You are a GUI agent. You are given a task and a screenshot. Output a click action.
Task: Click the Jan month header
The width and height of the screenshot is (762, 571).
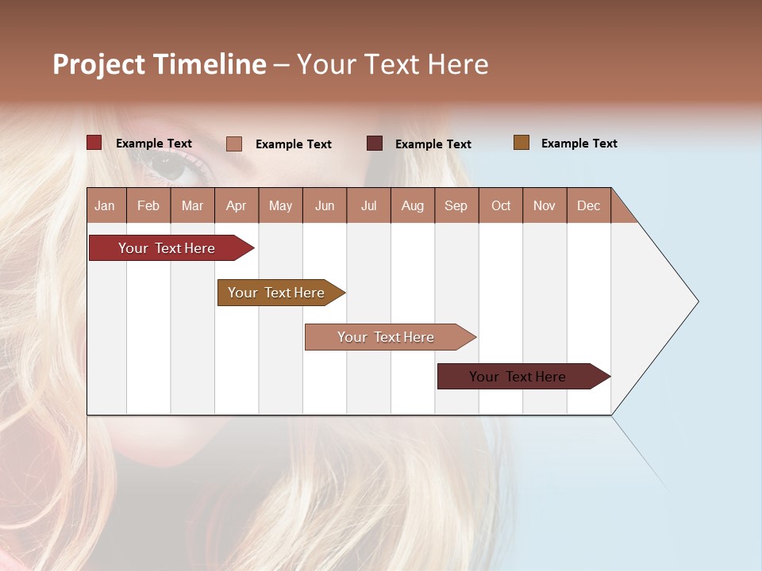point(105,205)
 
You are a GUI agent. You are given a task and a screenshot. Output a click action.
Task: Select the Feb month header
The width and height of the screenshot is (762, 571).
point(148,205)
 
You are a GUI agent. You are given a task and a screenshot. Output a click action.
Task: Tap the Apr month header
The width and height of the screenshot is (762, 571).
point(236,205)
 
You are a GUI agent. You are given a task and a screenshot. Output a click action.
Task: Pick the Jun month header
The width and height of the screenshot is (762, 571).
point(325,205)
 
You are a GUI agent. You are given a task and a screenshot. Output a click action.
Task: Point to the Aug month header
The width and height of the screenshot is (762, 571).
point(412,205)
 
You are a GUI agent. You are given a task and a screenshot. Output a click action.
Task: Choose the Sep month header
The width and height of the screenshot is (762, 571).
point(456,205)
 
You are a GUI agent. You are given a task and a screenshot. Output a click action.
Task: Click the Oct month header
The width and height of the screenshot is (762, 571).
point(501,205)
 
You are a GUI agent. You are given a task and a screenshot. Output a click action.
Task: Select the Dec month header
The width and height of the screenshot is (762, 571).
point(588,205)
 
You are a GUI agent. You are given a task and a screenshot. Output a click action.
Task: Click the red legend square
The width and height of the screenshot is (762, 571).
point(94,143)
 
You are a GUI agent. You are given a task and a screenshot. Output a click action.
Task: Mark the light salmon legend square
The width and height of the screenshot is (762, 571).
point(233,144)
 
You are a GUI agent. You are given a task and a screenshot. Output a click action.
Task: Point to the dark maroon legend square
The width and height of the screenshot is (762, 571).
point(375,143)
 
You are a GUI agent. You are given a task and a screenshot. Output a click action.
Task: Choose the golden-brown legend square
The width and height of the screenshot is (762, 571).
point(521,143)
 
